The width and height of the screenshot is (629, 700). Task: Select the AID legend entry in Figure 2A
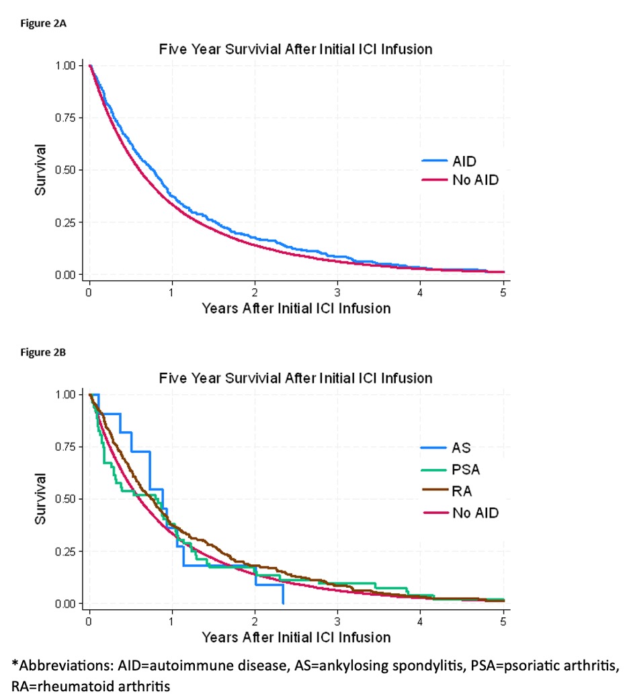pos(460,161)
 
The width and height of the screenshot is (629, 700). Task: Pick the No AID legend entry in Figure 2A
pos(460,181)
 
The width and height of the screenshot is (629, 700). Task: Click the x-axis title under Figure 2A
pos(296,309)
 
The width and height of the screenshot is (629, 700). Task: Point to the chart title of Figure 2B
pos(295,378)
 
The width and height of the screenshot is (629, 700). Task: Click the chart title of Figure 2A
pos(295,50)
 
